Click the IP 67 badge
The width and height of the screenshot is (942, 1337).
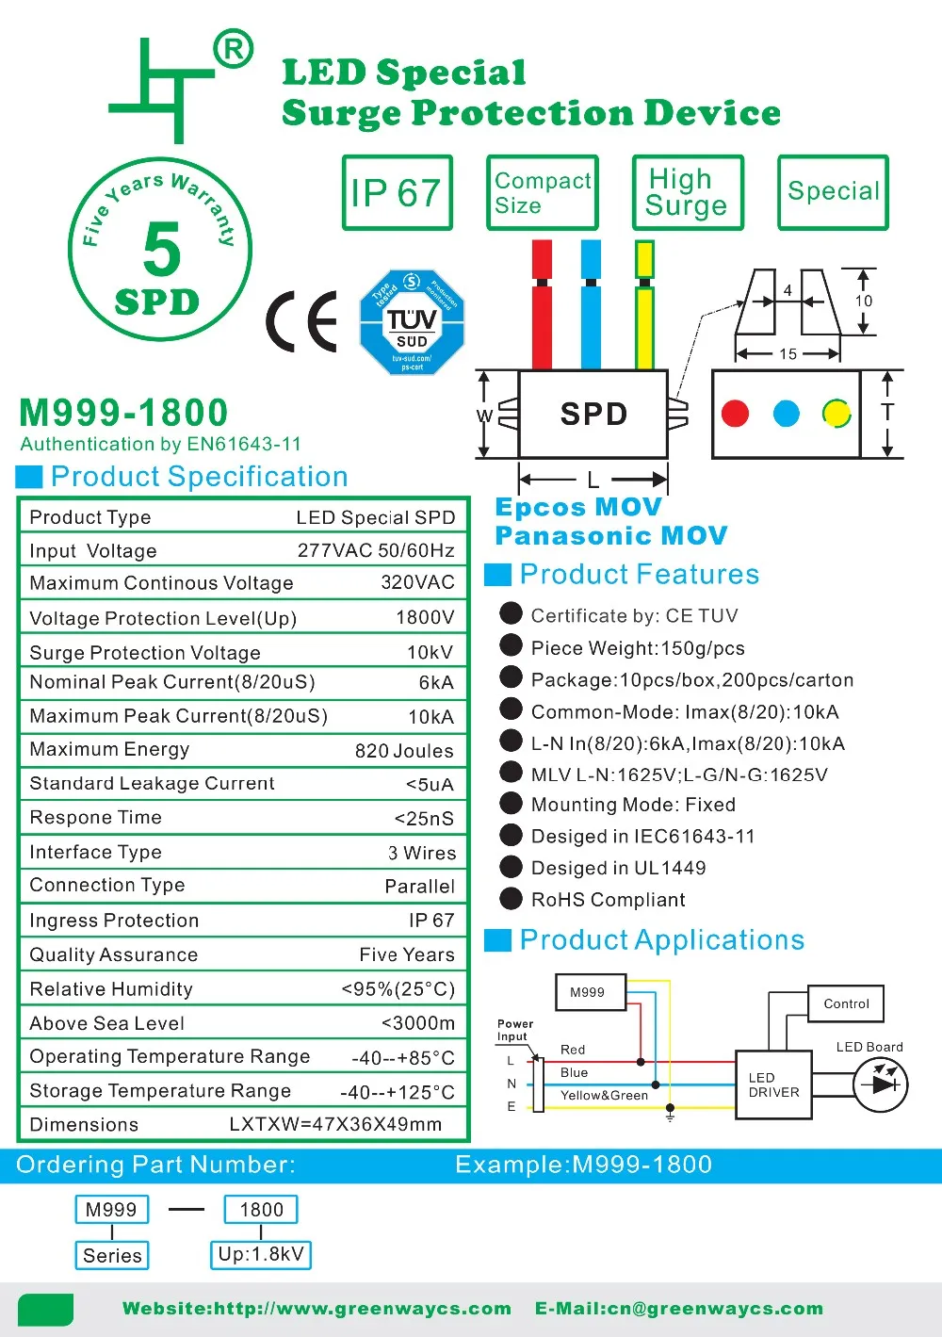tap(397, 193)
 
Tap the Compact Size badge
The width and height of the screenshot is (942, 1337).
tap(543, 193)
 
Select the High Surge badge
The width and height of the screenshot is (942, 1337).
tap(688, 193)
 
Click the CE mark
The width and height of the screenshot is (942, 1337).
tap(302, 321)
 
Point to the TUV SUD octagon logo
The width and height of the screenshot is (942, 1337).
tap(412, 322)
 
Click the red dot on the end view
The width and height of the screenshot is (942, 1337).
tap(735, 414)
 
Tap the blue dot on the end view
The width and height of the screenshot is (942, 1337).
tap(786, 414)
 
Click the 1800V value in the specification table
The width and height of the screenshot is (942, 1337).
tap(425, 618)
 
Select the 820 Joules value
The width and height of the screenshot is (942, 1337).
tap(404, 751)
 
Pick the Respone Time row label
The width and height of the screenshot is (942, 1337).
tap(95, 818)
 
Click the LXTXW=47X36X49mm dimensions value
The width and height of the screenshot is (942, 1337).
tap(335, 1125)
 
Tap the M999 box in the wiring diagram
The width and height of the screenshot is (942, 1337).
tap(588, 992)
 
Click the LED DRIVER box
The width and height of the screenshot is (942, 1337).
tap(773, 1085)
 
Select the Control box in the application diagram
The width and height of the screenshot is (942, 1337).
tap(846, 1003)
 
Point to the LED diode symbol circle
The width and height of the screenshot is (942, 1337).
tap(880, 1084)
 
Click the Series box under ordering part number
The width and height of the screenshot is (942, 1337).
tap(112, 1256)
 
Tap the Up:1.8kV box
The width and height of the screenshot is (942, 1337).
tap(261, 1255)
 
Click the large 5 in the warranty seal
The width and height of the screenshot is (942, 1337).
tap(162, 250)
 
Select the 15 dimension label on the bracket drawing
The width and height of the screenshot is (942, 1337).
tap(788, 354)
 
